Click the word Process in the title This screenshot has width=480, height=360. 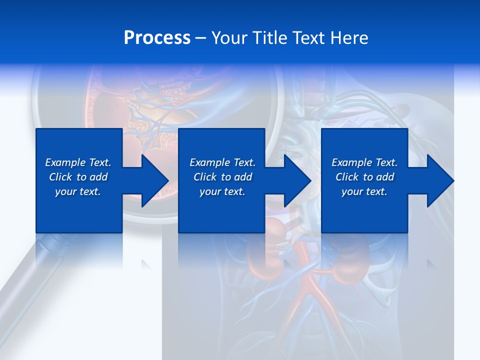[157, 38]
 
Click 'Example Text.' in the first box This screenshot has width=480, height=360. [78, 162]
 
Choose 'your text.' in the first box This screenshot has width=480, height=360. [78, 191]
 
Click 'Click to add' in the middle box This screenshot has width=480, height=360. [222, 177]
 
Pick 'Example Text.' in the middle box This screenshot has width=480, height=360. [222, 162]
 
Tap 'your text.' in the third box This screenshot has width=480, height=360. [364, 191]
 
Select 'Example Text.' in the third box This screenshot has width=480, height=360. [364, 162]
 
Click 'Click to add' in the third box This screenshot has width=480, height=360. [364, 177]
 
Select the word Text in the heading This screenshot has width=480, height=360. [309, 38]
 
